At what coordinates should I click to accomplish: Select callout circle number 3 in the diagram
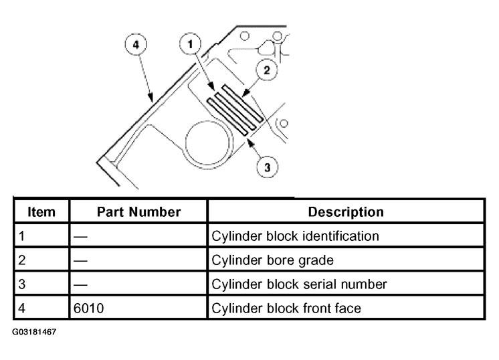click(x=268, y=167)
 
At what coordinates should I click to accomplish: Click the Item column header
click(x=41, y=211)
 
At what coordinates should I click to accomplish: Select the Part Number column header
click(x=138, y=211)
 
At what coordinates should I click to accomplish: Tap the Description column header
click(x=345, y=211)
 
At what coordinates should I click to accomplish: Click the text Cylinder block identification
click(x=295, y=236)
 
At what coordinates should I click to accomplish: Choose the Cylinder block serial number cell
click(x=299, y=284)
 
